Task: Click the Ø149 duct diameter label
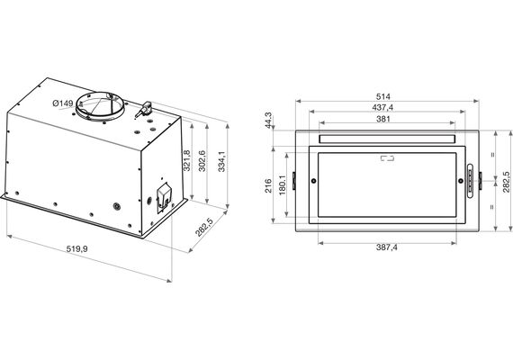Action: [63, 103]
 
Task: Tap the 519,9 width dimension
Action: [76, 249]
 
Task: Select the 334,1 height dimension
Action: [221, 161]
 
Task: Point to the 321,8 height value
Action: [186, 160]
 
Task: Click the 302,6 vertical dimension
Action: [202, 161]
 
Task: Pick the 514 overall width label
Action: [383, 96]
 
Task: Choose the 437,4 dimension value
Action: [382, 107]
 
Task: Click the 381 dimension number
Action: [383, 119]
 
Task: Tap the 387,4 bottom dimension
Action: [386, 247]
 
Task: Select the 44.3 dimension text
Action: [268, 120]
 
